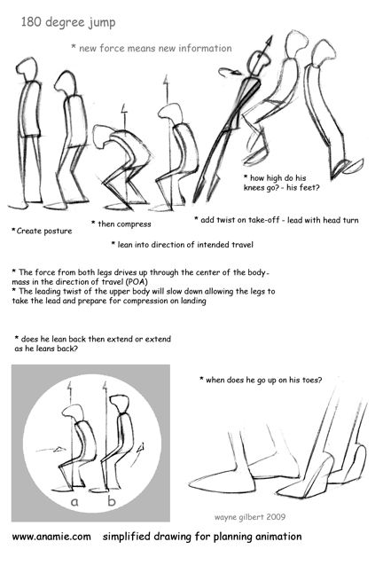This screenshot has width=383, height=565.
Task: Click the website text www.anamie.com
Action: pos(51,537)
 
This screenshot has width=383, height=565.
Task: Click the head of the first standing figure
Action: pos(29,75)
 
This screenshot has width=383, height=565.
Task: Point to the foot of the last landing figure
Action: pos(347,166)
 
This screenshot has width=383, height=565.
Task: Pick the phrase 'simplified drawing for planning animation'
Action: pos(202,537)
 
